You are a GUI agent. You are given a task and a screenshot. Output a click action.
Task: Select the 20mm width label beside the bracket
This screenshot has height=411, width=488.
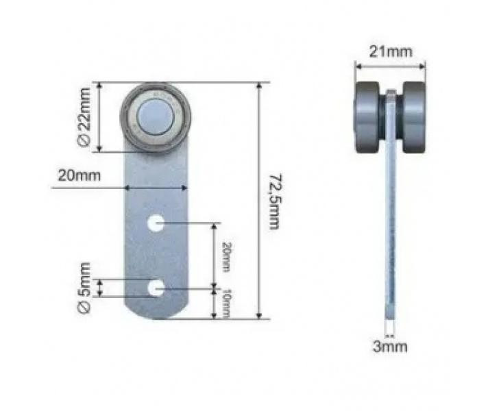[x=79, y=175]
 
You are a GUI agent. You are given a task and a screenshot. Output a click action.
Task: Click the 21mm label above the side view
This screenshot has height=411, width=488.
[x=389, y=52]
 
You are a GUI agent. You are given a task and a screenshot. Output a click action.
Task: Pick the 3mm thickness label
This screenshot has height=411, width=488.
[x=389, y=346]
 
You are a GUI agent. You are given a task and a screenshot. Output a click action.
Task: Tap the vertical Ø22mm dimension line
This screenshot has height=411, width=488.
[x=101, y=117]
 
